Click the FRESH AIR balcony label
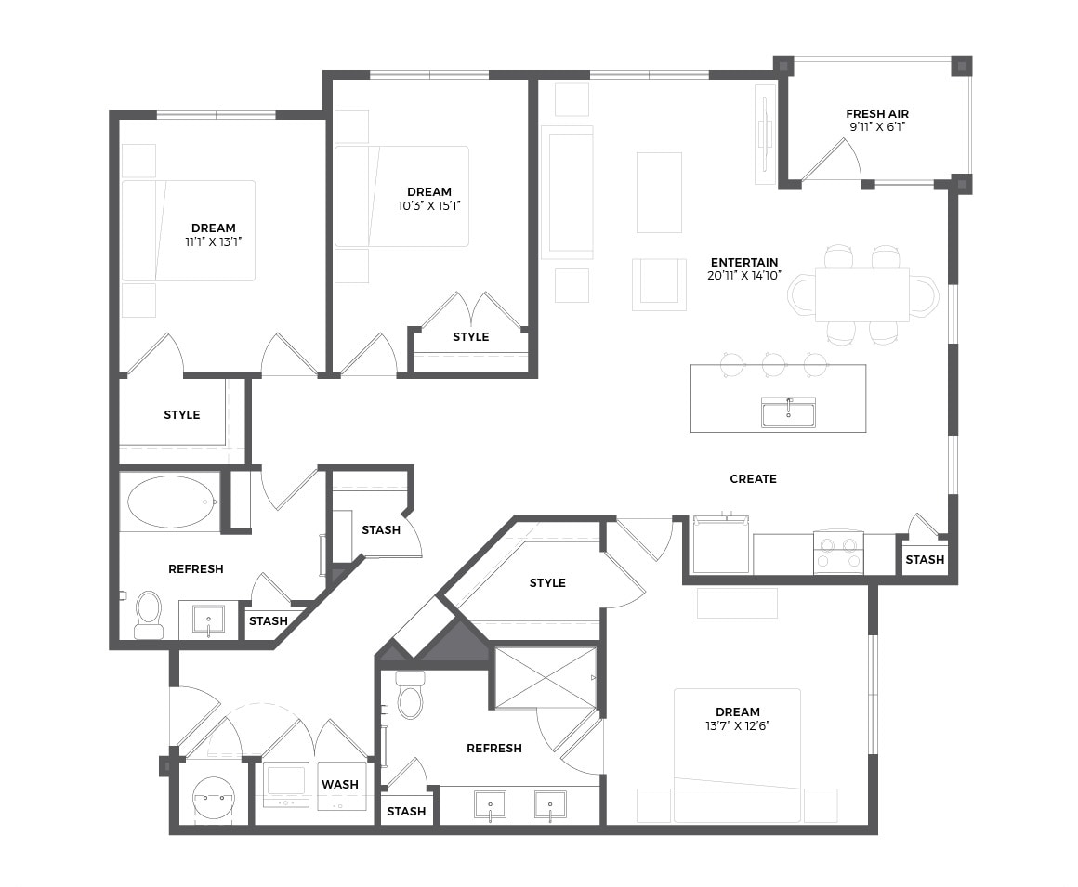tap(877, 114)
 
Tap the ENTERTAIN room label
tap(744, 263)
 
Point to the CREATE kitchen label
tap(753, 479)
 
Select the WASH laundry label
tap(339, 784)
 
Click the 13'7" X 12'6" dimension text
tap(738, 725)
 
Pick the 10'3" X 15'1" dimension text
tap(429, 205)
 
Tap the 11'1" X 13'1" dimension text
tap(213, 241)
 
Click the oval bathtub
tap(170, 502)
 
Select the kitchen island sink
tap(788, 412)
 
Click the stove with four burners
tap(839, 553)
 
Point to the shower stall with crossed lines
tap(546, 677)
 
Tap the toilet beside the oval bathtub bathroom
tap(149, 614)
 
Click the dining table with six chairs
tap(862, 294)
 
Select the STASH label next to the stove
tap(925, 560)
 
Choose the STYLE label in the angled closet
tap(547, 582)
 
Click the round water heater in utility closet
tap(214, 800)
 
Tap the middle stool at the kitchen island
tap(773, 364)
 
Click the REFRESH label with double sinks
tap(493, 749)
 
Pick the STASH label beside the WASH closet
tap(406, 812)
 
